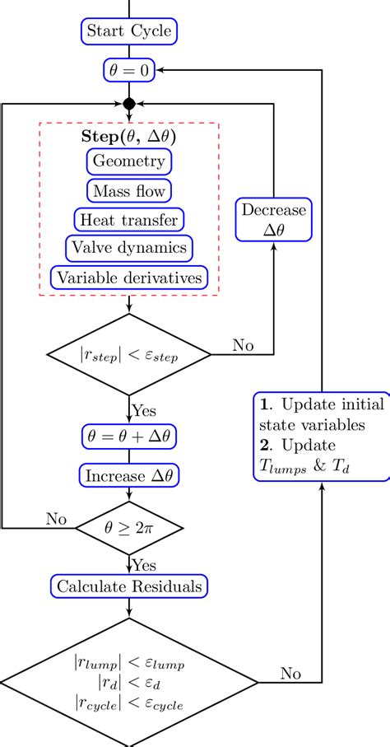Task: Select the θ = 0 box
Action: pyautogui.click(x=129, y=71)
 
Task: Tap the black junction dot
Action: pyautogui.click(x=128, y=105)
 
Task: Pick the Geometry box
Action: pyautogui.click(x=129, y=161)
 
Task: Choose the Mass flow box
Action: pyautogui.click(x=129, y=191)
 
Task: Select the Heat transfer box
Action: pyautogui.click(x=129, y=220)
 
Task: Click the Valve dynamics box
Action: pyautogui.click(x=129, y=248)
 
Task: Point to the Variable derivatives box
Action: pyautogui.click(x=129, y=278)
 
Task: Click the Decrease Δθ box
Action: pyautogui.click(x=274, y=221)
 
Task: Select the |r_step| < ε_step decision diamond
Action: pyautogui.click(x=129, y=356)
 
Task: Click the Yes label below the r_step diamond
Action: pyautogui.click(x=146, y=409)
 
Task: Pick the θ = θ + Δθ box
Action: pyautogui.click(x=129, y=436)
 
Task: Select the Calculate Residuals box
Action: pyautogui.click(x=129, y=586)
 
